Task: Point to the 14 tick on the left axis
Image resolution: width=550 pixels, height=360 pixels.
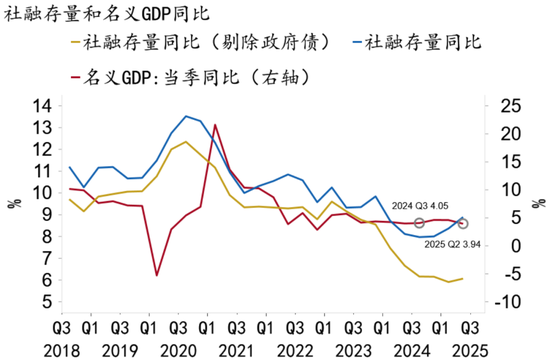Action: [41, 106]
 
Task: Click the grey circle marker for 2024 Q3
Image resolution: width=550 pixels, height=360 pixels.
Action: [420, 223]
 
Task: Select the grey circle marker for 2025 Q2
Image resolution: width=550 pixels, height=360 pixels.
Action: [462, 223]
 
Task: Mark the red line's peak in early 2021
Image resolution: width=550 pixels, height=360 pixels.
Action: [215, 125]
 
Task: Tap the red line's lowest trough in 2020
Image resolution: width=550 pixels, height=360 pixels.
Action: [157, 275]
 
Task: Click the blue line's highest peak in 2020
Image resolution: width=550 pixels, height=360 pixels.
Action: [187, 116]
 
